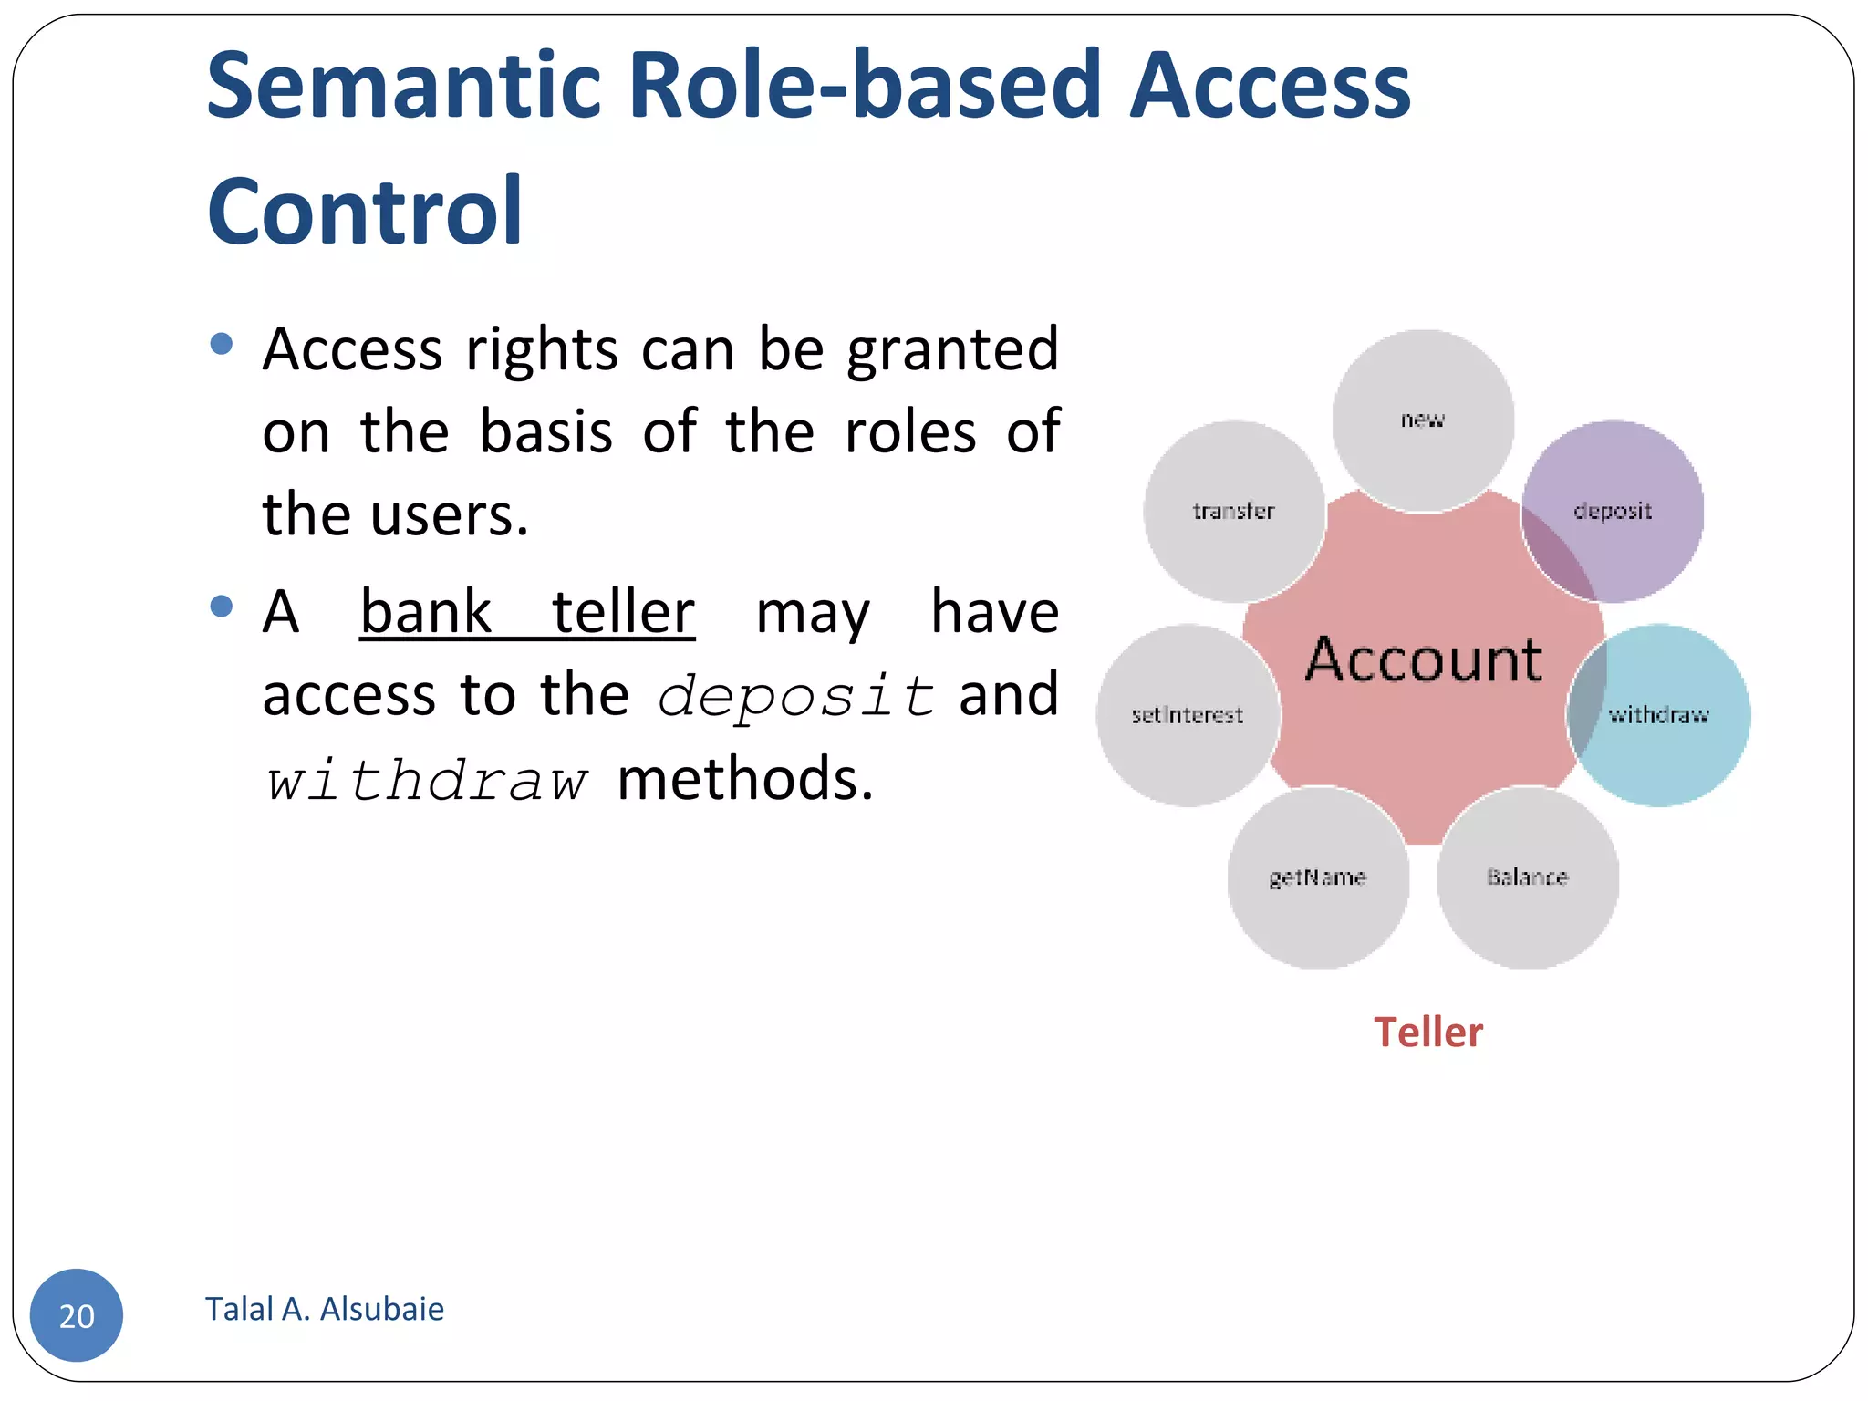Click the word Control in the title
[x=365, y=212]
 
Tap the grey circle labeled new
[x=1422, y=420]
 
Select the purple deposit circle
[x=1613, y=511]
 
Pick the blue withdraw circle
[x=1658, y=715]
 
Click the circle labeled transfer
[x=1233, y=511]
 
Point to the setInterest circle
[x=1188, y=715]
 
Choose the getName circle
[x=1317, y=877]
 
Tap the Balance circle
[x=1527, y=877]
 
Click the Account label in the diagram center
[x=1423, y=659]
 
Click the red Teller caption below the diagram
[x=1428, y=1033]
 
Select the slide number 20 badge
[x=77, y=1315]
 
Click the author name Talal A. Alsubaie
[x=325, y=1309]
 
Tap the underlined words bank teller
[x=527, y=612]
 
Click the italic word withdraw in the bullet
[x=426, y=782]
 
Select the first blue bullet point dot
[x=221, y=344]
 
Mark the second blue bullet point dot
[x=221, y=607]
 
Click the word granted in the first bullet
[x=952, y=349]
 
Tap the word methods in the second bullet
[x=745, y=780]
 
